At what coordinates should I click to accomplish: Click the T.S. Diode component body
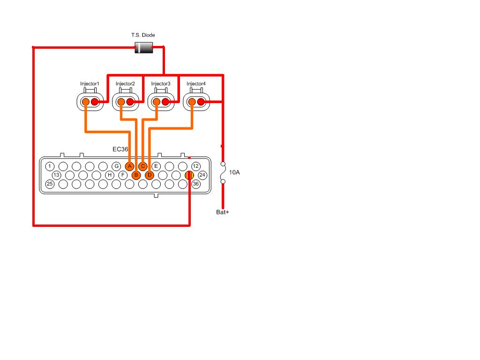click(x=143, y=48)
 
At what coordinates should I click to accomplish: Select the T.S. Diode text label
click(x=143, y=35)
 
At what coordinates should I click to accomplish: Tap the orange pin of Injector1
click(x=86, y=102)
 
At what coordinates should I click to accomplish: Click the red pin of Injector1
click(x=95, y=102)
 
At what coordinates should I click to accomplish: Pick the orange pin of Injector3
click(x=157, y=102)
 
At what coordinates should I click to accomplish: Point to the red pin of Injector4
click(x=201, y=102)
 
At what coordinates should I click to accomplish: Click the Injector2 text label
click(x=125, y=83)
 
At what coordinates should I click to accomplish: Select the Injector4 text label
click(x=196, y=83)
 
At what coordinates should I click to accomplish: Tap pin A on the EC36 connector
click(x=129, y=166)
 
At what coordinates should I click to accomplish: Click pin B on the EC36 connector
click(x=136, y=175)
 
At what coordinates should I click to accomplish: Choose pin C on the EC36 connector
click(x=142, y=166)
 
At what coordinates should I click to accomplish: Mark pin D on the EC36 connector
click(x=150, y=175)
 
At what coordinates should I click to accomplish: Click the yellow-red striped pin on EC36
click(x=189, y=175)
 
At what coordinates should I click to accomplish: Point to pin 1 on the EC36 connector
click(x=50, y=166)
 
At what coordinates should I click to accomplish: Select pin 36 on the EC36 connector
click(x=196, y=184)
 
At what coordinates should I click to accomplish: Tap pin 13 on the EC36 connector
click(x=56, y=175)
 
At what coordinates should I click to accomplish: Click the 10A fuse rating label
click(x=234, y=172)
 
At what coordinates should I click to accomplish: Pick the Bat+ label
click(x=223, y=212)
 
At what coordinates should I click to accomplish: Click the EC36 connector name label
click(x=120, y=150)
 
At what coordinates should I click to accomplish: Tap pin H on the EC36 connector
click(x=110, y=175)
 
